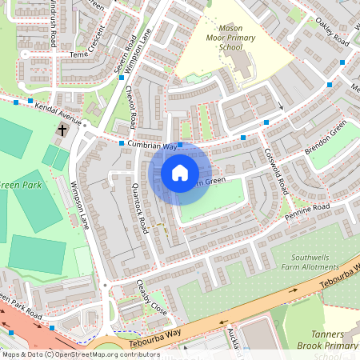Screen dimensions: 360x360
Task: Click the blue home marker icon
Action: [x=180, y=173]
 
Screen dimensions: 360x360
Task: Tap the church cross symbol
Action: [x=62, y=130]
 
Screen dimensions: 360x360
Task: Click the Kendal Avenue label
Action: [x=60, y=114]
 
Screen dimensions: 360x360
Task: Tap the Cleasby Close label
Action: [x=150, y=297]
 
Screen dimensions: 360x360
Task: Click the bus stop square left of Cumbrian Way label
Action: [x=122, y=143]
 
